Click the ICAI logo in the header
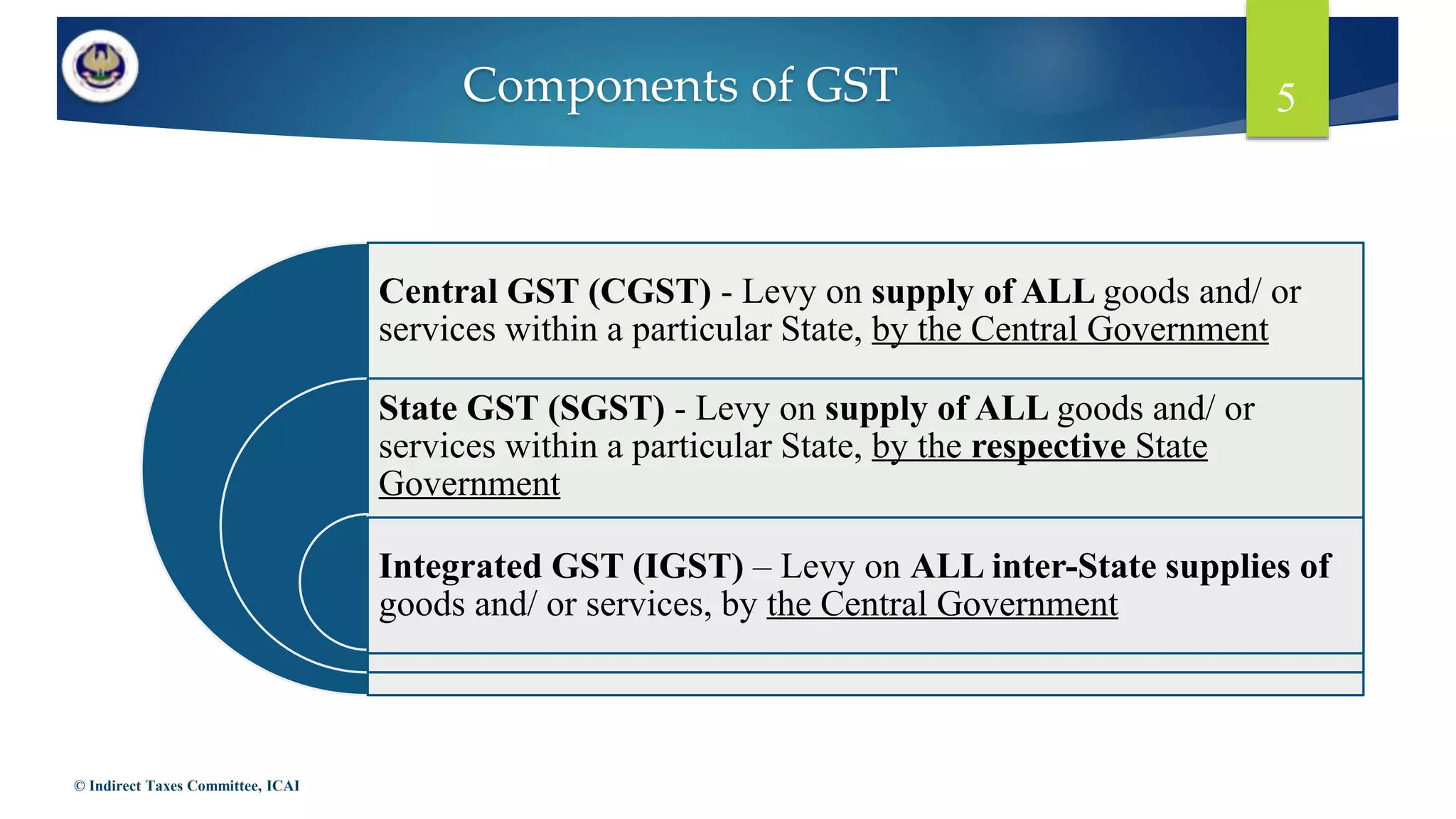[100, 67]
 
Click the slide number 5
[1285, 97]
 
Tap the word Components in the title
[601, 85]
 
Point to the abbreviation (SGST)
[606, 409]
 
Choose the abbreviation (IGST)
[687, 567]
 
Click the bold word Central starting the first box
[438, 291]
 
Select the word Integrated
[460, 567]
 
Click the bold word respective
[1048, 446]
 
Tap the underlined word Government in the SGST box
[469, 485]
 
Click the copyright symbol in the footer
[80, 786]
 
